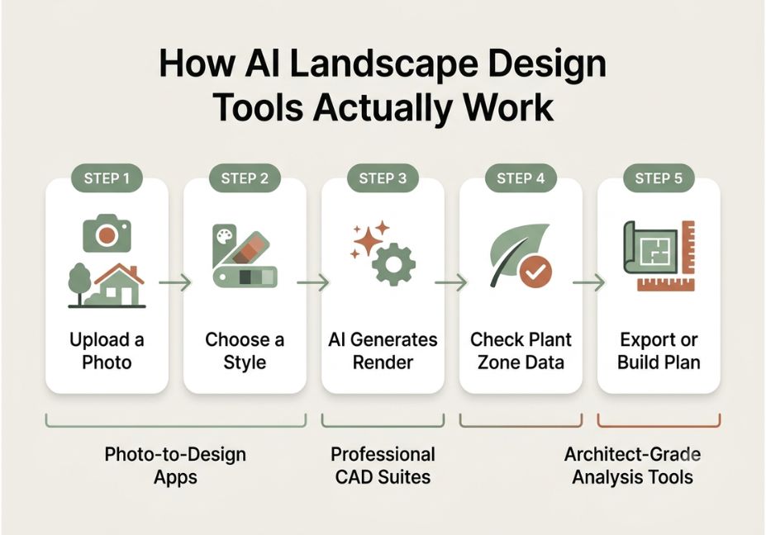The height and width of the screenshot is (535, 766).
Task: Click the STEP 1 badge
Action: pos(107,178)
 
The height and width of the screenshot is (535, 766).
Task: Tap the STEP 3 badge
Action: pos(383,178)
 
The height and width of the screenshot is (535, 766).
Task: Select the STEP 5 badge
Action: pos(659,178)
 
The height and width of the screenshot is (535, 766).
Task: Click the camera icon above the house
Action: pos(107,234)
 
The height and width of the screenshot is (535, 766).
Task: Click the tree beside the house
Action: pos(79,284)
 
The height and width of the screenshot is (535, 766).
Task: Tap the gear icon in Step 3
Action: pos(393,264)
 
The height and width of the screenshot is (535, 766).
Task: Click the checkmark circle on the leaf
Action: pos(535,272)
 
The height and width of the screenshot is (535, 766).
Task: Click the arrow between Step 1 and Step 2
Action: pos(175,282)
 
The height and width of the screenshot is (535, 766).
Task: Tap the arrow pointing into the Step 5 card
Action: pos(589,282)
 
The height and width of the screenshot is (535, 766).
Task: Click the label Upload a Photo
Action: pos(107,351)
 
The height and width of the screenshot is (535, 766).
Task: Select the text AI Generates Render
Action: pos(383,351)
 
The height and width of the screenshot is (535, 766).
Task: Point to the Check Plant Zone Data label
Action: pos(521,351)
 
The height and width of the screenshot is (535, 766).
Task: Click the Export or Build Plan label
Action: pos(659,351)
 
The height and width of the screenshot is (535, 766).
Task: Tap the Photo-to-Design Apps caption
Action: pos(175,466)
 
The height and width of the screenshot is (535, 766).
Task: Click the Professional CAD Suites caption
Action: pos(383,466)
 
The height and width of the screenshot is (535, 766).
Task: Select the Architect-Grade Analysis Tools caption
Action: pos(633,466)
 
